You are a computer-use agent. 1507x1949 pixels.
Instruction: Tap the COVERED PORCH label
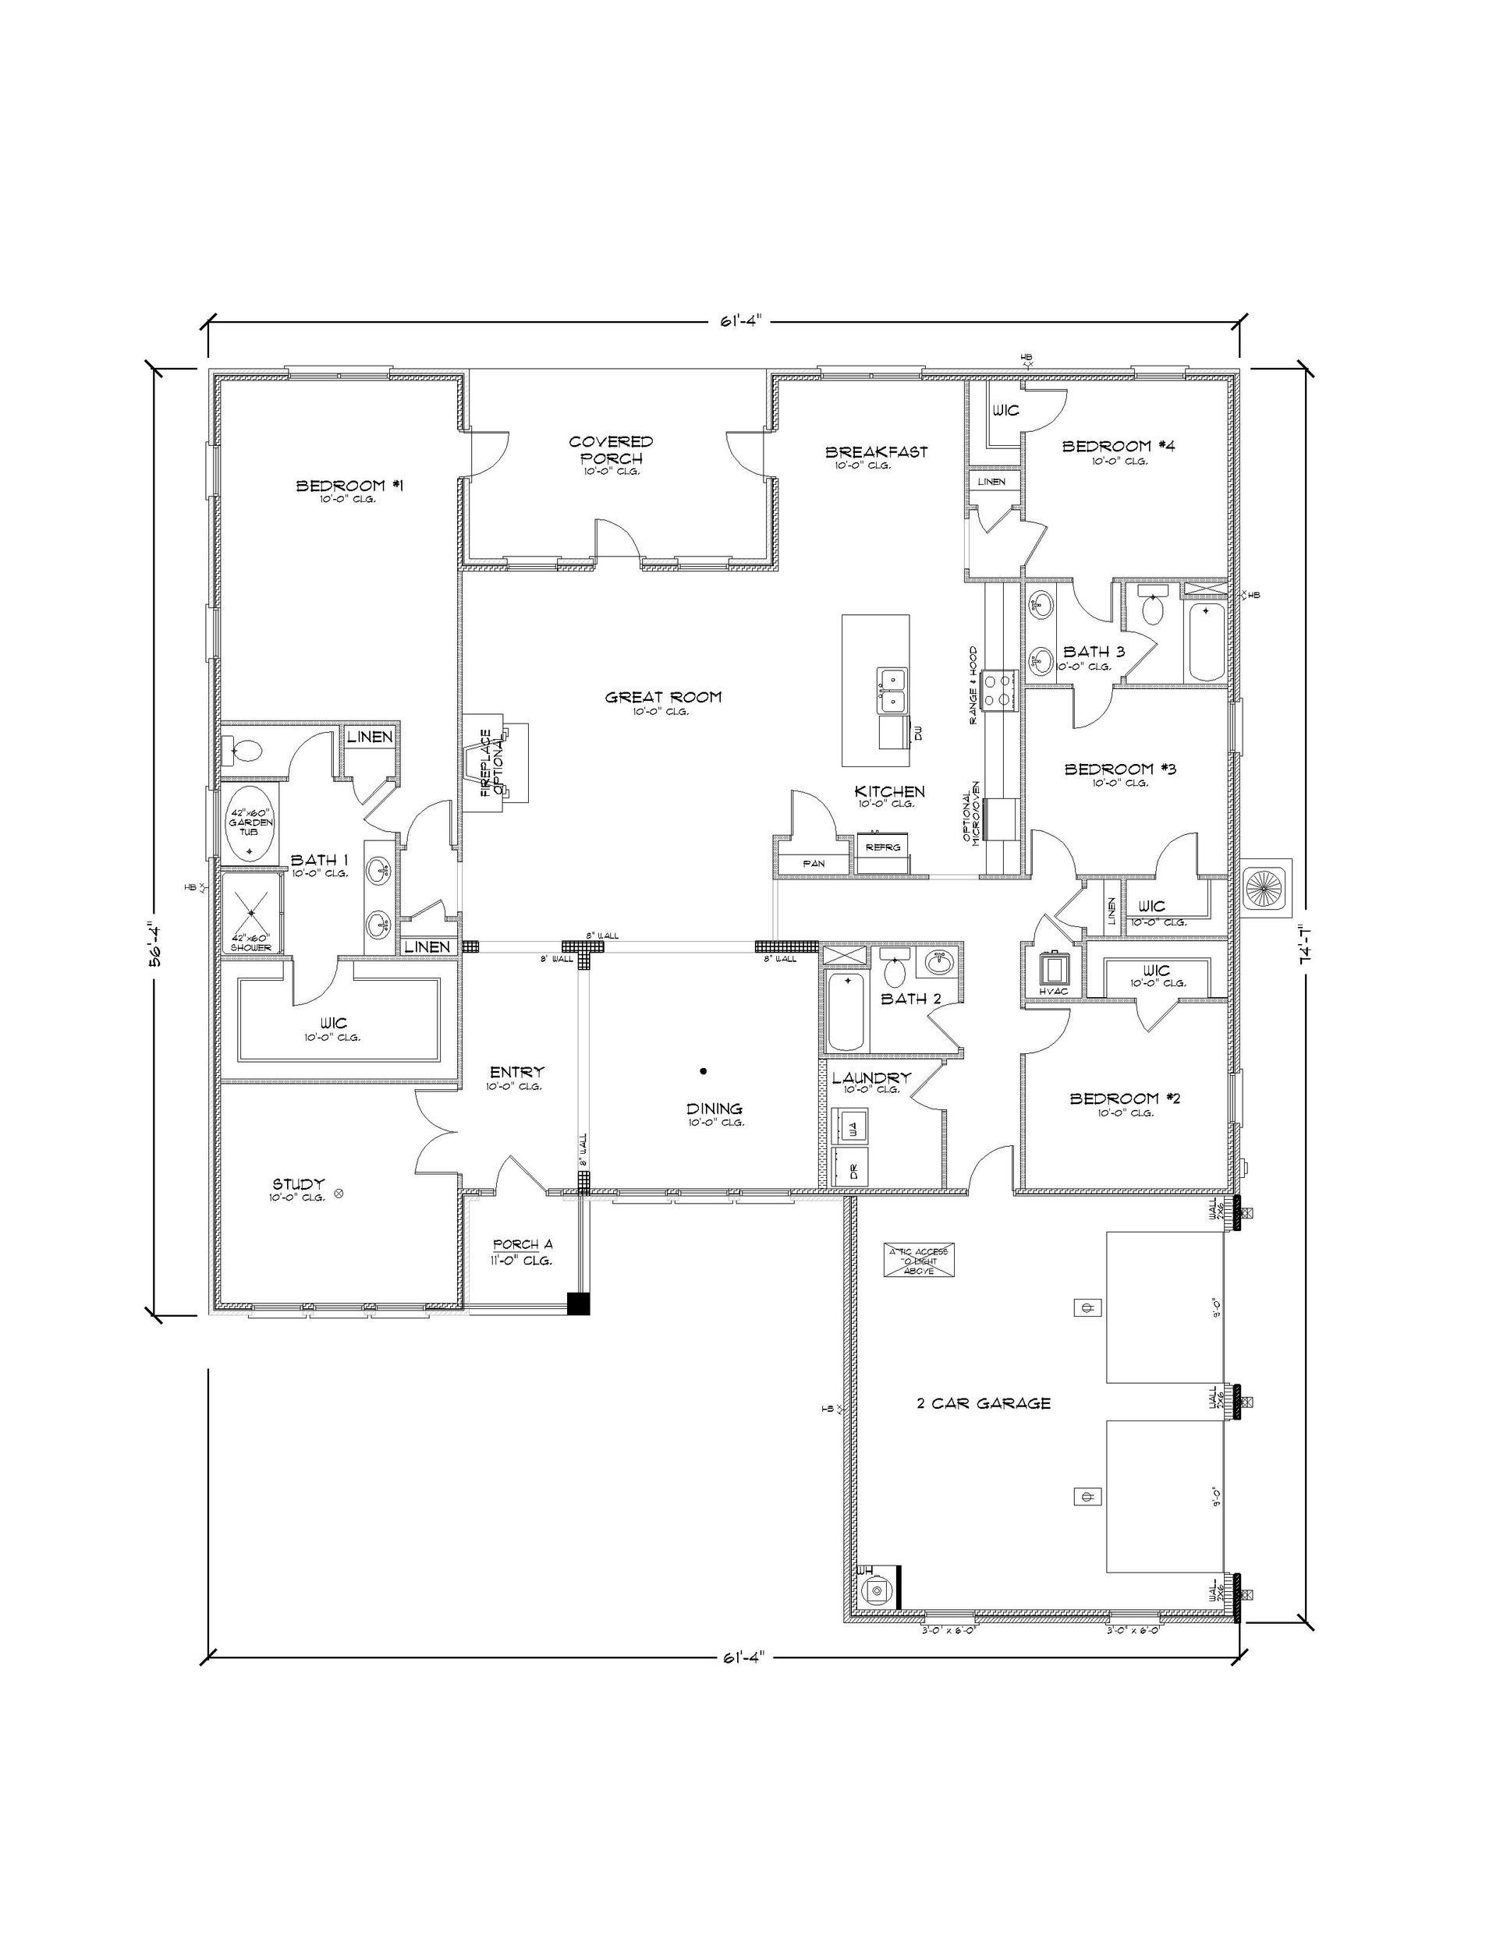point(611,449)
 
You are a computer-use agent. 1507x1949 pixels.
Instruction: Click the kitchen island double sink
point(892,691)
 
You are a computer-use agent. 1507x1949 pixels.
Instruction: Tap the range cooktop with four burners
point(999,691)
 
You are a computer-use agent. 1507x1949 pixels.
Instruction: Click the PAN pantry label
point(813,863)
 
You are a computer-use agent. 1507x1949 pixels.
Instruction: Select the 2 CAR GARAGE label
point(983,1403)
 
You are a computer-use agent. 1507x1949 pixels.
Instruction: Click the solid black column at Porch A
point(579,1303)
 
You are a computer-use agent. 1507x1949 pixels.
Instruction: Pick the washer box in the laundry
point(851,1128)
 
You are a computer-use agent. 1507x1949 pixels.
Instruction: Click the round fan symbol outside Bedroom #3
point(1267,889)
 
